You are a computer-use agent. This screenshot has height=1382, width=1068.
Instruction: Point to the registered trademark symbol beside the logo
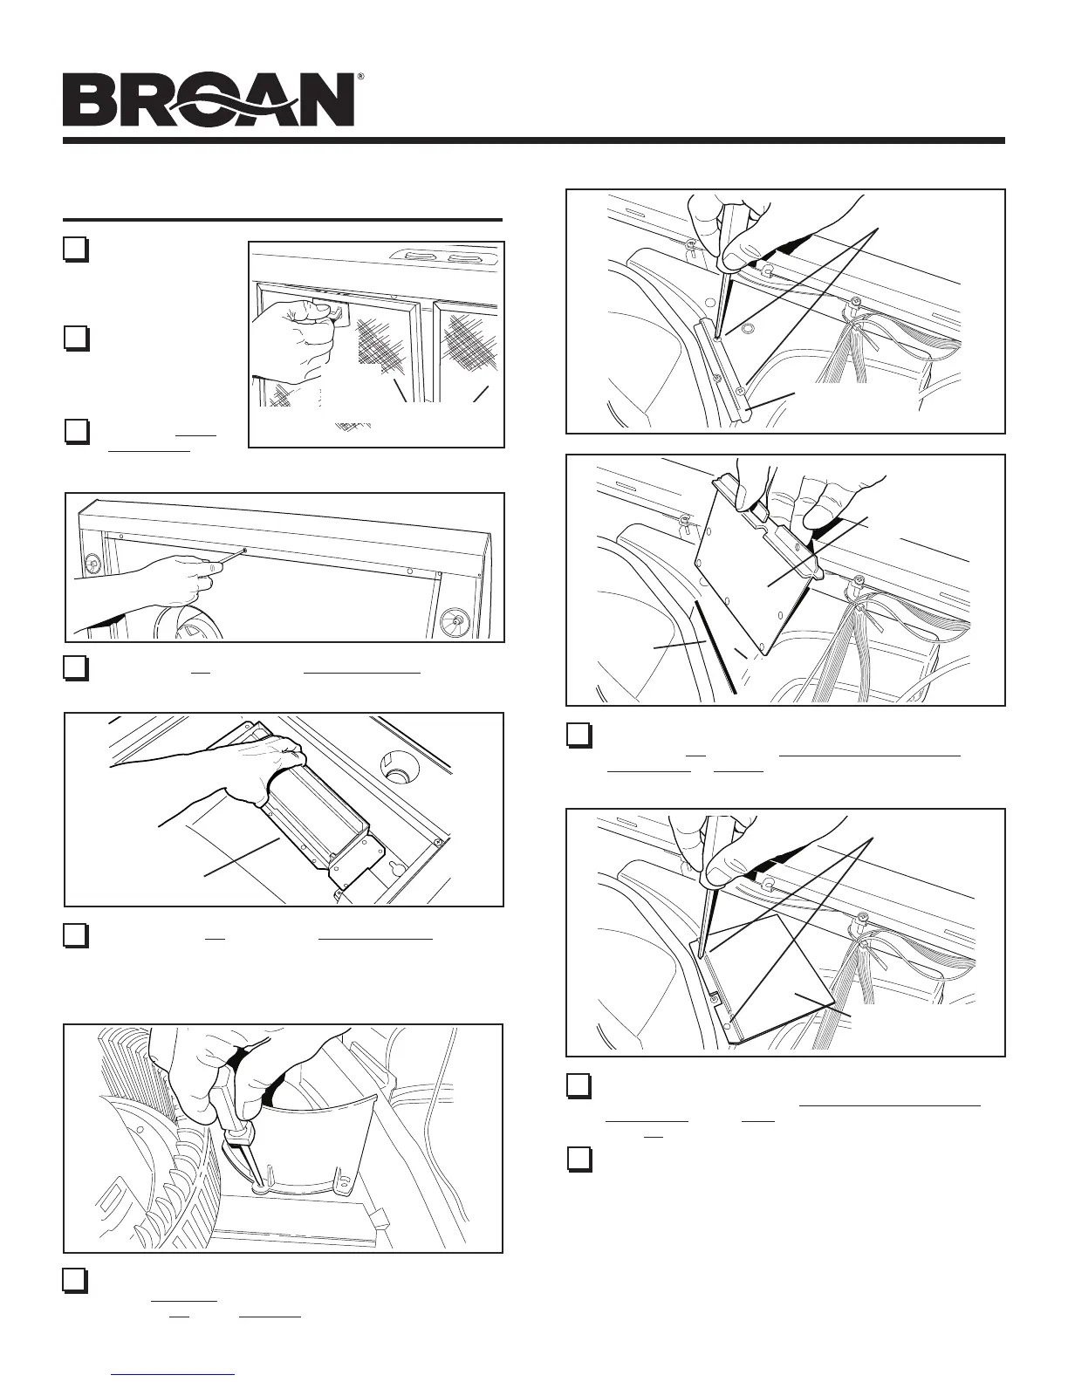coord(360,76)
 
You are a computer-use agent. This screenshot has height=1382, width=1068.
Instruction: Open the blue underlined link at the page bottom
coord(173,1375)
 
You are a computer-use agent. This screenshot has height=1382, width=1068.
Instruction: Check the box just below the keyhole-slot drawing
coord(76,935)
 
